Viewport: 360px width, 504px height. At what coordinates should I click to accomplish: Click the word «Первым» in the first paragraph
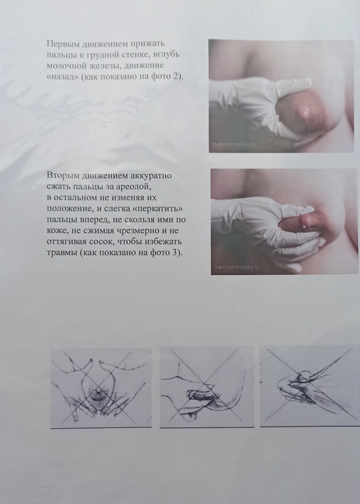pos(62,43)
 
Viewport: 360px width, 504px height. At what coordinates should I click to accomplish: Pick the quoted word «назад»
pos(63,77)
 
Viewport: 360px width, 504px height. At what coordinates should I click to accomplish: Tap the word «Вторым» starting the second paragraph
pos(63,175)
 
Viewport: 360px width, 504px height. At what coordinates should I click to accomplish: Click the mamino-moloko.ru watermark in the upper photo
pos(234,144)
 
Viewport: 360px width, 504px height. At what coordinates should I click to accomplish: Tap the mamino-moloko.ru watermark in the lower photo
pos(237,267)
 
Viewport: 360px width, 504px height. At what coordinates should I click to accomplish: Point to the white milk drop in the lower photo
pos(304,227)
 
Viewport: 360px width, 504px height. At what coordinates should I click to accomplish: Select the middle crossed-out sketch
pos(207,387)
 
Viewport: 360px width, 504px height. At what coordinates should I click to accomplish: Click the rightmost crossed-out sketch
pos(310,386)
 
